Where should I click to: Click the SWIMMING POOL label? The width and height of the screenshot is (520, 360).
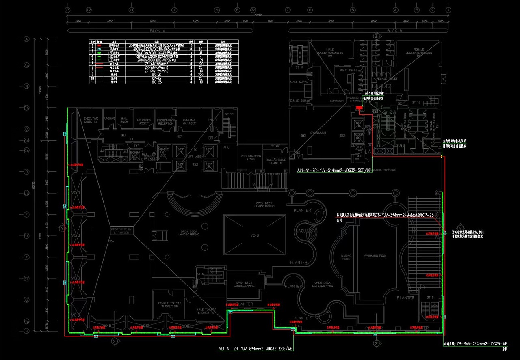pos(375,256)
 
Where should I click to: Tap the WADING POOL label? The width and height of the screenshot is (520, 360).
pos(346,257)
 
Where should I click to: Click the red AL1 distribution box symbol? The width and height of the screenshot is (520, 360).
pos(358,108)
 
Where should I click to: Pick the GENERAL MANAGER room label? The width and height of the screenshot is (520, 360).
pos(189,122)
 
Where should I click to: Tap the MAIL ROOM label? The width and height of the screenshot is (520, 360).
pos(124,120)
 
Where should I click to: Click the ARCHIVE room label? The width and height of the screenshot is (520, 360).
pos(109,119)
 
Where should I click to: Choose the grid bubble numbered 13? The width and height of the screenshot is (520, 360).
pos(67,9)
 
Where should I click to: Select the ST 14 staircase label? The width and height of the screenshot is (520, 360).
pos(230,114)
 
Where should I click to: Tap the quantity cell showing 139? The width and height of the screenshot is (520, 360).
pos(200,60)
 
